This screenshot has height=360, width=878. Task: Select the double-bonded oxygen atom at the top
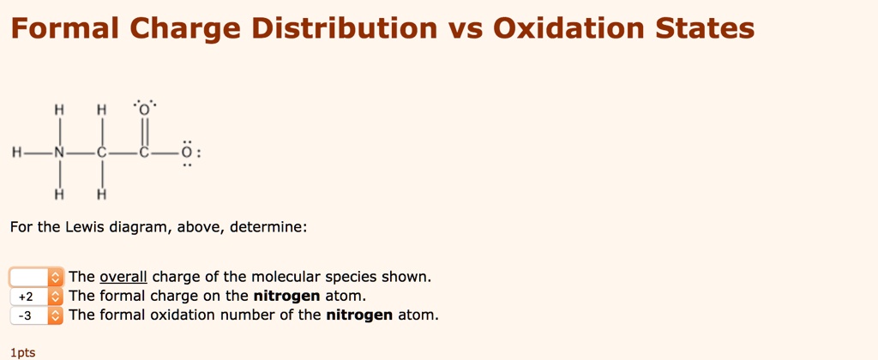(145, 111)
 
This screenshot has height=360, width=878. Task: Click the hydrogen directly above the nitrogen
(59, 111)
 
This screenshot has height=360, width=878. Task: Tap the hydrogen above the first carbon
(102, 111)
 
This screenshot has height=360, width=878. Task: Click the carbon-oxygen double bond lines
(145, 132)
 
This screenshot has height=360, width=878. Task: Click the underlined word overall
(123, 277)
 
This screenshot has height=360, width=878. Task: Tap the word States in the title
(705, 29)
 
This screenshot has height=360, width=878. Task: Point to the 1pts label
(23, 351)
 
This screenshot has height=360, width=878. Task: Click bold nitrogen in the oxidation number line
(359, 315)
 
